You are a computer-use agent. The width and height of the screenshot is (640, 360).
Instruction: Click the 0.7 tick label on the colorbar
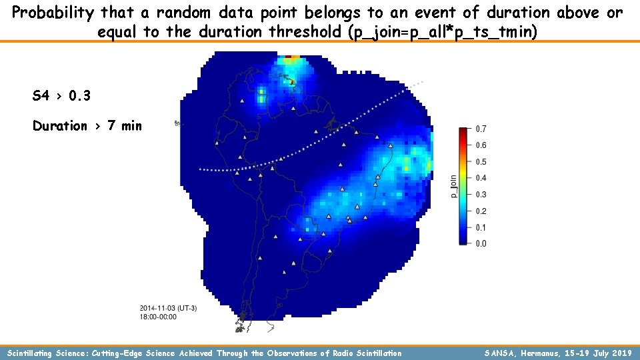pyautogui.click(x=480, y=129)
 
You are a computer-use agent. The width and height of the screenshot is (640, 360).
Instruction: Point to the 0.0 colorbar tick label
pyautogui.click(x=480, y=244)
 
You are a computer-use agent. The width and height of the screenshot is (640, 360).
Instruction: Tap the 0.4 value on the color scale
pyautogui.click(x=480, y=178)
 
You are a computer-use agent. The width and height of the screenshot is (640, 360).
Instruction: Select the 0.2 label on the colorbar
pyautogui.click(x=480, y=211)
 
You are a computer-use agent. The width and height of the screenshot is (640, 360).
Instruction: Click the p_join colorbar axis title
pyautogui.click(x=453, y=186)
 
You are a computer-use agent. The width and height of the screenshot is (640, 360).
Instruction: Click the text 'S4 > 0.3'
pyautogui.click(x=61, y=96)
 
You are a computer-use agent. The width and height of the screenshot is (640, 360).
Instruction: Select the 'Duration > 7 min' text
pyautogui.click(x=87, y=126)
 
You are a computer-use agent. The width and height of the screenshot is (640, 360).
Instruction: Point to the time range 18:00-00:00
pyautogui.click(x=159, y=317)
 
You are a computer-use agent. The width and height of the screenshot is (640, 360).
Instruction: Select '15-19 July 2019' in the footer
pyautogui.click(x=599, y=353)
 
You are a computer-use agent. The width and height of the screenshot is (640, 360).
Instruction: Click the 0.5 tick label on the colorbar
pyautogui.click(x=480, y=162)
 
